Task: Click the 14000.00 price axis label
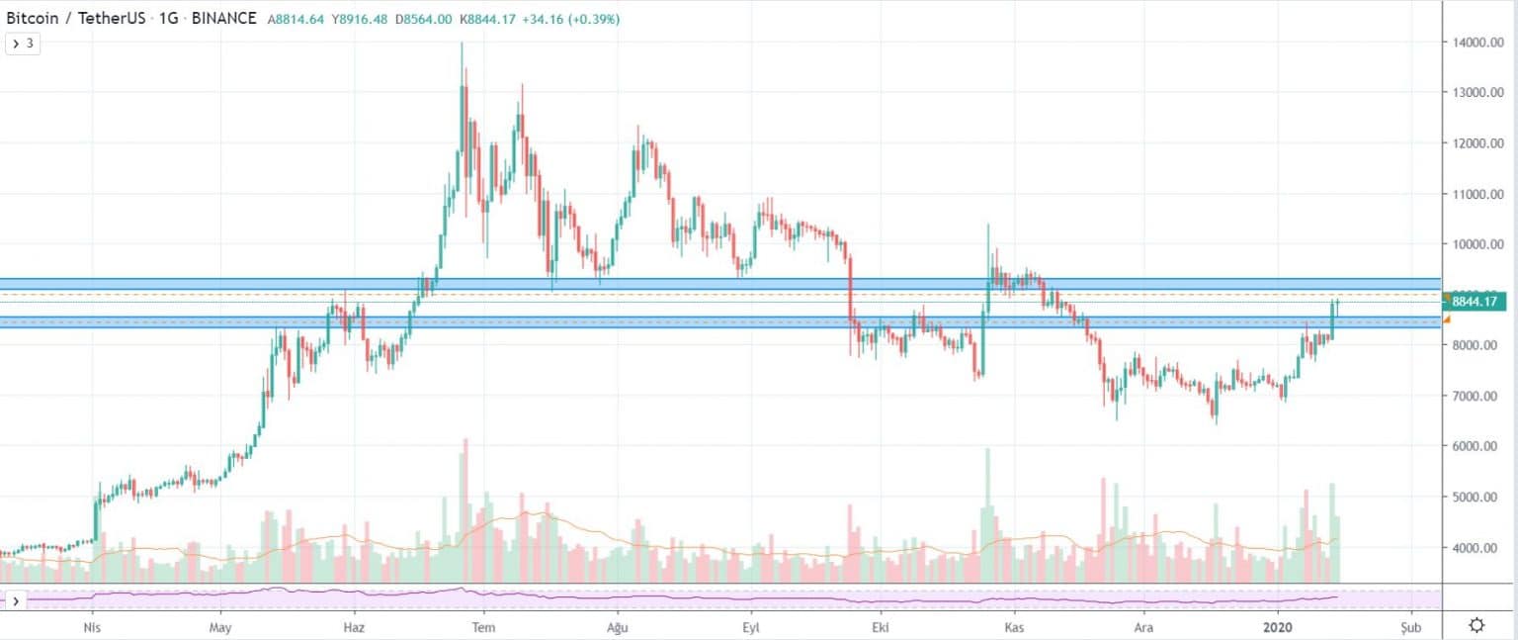[x=1478, y=42]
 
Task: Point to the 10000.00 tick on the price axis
[x=1478, y=244]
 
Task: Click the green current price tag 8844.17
[x=1474, y=301]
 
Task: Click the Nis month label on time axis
[x=92, y=627]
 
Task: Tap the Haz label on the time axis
[x=354, y=627]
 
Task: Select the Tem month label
[x=483, y=627]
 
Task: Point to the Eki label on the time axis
[x=881, y=627]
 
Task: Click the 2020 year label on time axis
[x=1278, y=627]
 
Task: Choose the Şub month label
[x=1411, y=628]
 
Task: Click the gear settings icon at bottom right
[x=1476, y=625]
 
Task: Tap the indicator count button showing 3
[x=23, y=45]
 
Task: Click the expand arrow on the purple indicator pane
[x=16, y=600]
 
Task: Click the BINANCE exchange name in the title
[x=223, y=19]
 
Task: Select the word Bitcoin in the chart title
[x=33, y=19]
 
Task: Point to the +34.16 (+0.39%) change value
[x=570, y=19]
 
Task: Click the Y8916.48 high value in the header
[x=359, y=19]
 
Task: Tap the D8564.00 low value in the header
[x=424, y=19]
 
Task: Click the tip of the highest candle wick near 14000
[x=463, y=43]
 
